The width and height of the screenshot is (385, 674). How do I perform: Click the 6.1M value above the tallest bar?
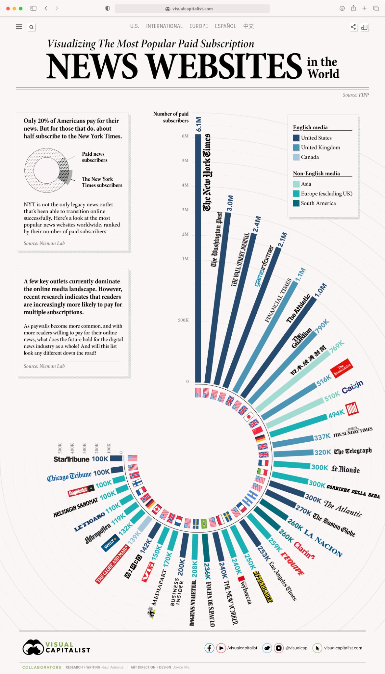coord(198,124)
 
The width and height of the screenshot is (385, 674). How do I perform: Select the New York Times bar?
coord(198,257)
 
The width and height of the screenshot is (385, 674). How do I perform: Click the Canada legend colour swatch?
coord(296,157)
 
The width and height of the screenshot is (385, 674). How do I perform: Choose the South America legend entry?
coord(318,203)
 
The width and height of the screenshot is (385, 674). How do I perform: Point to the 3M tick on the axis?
coord(185,210)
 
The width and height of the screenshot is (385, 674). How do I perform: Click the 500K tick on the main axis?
coord(183,320)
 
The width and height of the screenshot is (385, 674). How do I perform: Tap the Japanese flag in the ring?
coord(249,417)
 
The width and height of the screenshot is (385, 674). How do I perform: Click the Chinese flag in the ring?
coord(257,430)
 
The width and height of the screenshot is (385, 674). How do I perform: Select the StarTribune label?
coord(71,459)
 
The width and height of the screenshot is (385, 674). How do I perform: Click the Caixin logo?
coord(352,387)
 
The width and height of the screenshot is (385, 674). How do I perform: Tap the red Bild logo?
coord(352,409)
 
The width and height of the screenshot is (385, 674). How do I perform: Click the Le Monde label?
coord(345,469)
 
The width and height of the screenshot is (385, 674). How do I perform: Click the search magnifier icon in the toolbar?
coord(31,27)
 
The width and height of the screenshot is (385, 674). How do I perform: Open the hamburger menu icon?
coord(19,27)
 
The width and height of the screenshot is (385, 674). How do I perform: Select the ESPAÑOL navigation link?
coord(225,26)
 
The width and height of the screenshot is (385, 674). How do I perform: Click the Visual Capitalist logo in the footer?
coord(56,647)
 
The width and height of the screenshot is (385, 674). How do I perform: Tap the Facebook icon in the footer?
coord(209,648)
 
